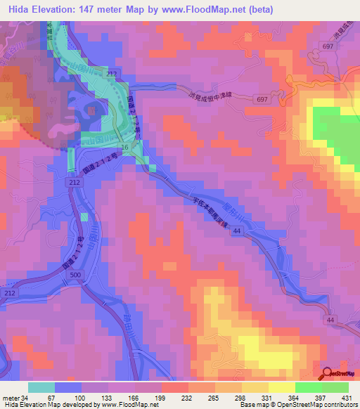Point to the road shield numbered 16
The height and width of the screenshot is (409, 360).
click(x=125, y=147)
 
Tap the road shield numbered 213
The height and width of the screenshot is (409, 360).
click(x=112, y=73)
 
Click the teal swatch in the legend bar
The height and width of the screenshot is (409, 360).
click(x=41, y=387)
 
